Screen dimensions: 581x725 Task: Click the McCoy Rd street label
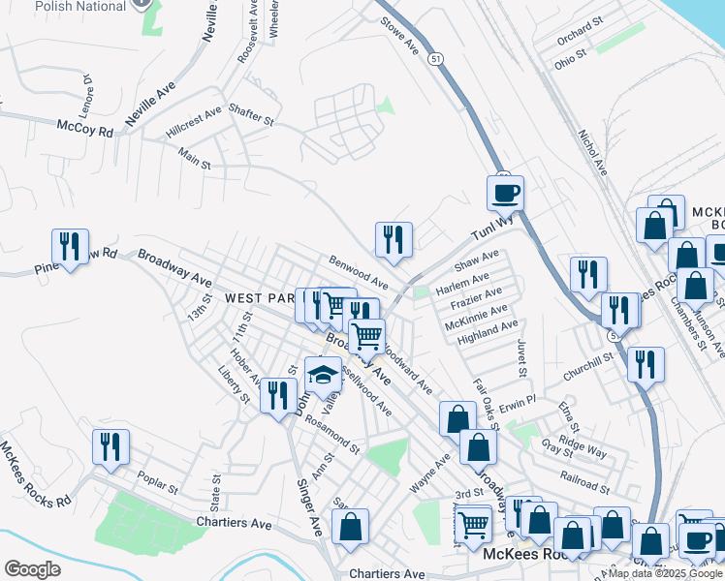pyautogui.click(x=84, y=128)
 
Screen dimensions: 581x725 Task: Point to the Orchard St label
pyautogui.click(x=580, y=37)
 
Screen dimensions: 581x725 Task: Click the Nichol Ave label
pyautogui.click(x=592, y=153)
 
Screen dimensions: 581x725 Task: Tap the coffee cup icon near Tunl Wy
pyautogui.click(x=505, y=194)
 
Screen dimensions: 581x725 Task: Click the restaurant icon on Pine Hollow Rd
pyautogui.click(x=70, y=247)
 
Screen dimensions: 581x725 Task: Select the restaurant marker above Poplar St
pyautogui.click(x=110, y=447)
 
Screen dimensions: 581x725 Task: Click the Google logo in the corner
pyautogui.click(x=32, y=568)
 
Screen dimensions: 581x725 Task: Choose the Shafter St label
pyautogui.click(x=251, y=114)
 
